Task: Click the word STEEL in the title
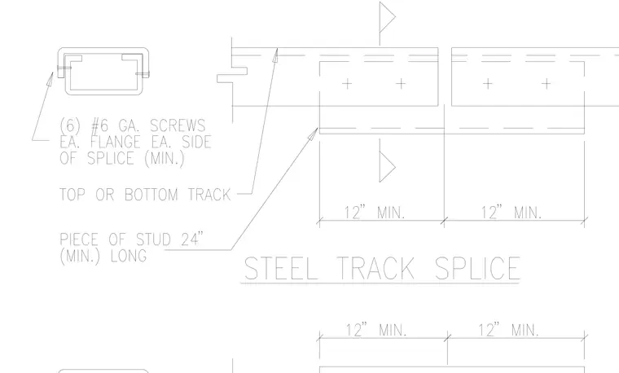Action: (281, 269)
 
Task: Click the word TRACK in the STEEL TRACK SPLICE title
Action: (375, 269)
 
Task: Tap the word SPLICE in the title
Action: (477, 269)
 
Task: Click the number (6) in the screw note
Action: (71, 125)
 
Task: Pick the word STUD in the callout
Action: (153, 239)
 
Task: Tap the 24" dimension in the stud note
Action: (192, 239)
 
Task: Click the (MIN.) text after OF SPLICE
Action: (165, 158)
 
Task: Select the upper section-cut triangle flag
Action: (387, 17)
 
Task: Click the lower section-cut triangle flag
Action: (387, 166)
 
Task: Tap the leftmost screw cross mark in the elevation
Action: (347, 83)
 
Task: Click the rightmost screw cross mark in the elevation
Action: (546, 83)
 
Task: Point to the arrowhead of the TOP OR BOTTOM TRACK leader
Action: (275, 55)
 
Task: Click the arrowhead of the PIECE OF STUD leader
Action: (314, 134)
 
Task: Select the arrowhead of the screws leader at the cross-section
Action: (50, 78)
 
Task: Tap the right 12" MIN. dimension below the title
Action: (508, 330)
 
